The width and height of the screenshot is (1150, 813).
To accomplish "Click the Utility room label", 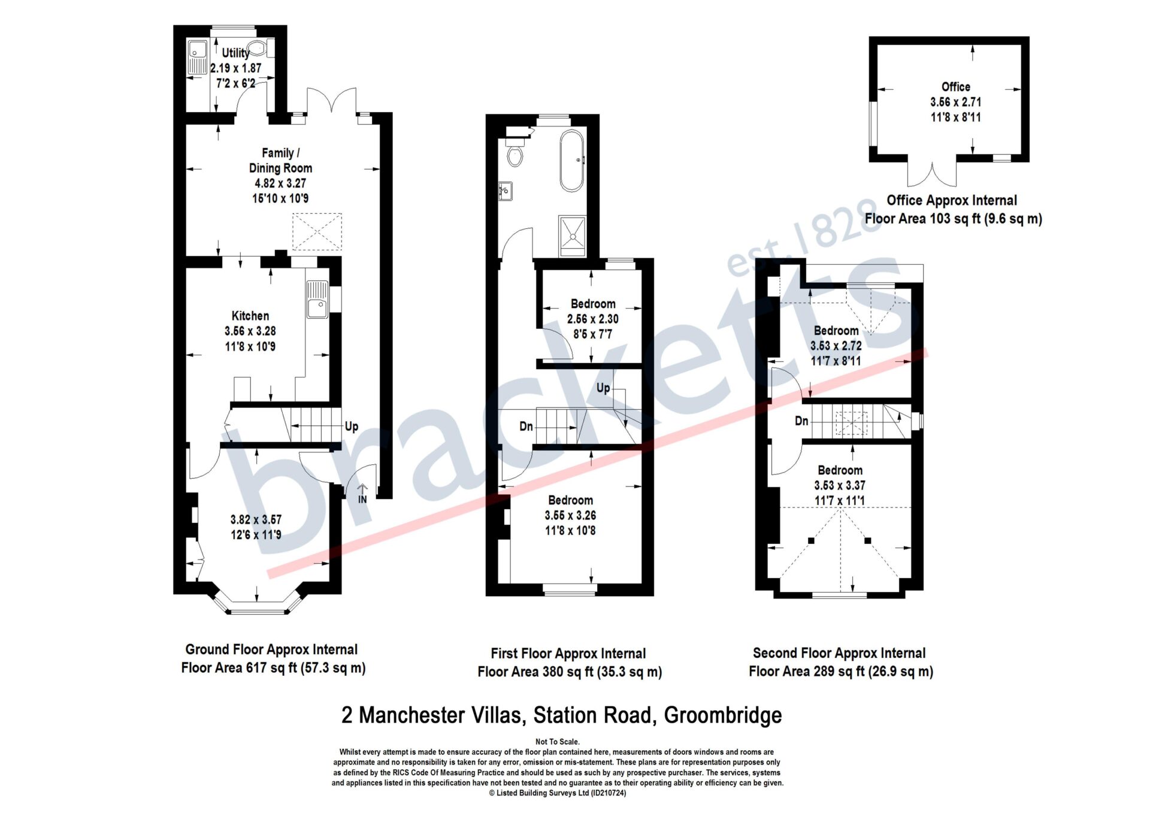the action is pyautogui.click(x=235, y=53).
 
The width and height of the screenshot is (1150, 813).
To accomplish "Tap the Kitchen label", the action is pyautogui.click(x=250, y=316).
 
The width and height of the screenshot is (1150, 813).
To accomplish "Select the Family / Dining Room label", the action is pyautogui.click(x=280, y=161).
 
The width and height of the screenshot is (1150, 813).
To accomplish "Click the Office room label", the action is pyautogui.click(x=955, y=87).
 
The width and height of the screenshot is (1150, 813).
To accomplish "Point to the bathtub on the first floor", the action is pyautogui.click(x=572, y=161).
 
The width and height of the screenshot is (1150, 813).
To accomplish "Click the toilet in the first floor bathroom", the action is pyautogui.click(x=515, y=153).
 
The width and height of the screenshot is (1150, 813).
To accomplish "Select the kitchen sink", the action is pyautogui.click(x=317, y=300).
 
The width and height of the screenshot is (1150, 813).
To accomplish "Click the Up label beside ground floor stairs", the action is pyautogui.click(x=352, y=426).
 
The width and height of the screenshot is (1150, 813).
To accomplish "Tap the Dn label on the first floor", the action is pyautogui.click(x=526, y=426).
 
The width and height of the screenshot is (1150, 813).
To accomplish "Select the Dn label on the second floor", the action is pyautogui.click(x=801, y=421).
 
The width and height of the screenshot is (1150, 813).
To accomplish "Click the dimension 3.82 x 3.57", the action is pyautogui.click(x=256, y=519).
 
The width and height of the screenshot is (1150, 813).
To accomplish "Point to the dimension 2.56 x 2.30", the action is pyautogui.click(x=593, y=319).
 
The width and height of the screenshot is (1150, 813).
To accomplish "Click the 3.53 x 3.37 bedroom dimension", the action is pyautogui.click(x=840, y=485).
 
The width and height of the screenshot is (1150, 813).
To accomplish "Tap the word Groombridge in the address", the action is pyautogui.click(x=723, y=715).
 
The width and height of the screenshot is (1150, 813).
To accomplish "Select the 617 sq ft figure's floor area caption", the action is pyautogui.click(x=273, y=658).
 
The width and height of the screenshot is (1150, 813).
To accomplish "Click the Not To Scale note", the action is pyautogui.click(x=558, y=742).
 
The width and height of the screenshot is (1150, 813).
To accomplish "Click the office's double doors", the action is pyautogui.click(x=932, y=174).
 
